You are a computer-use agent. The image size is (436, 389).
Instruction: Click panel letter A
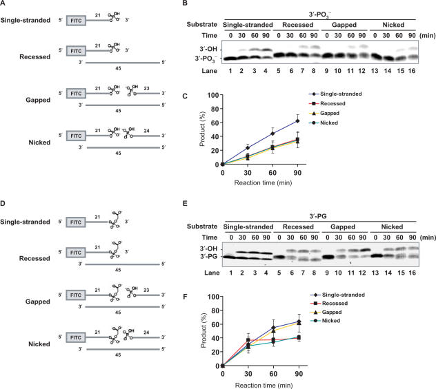tap(5, 6)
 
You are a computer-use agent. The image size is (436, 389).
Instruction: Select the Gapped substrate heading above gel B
tap(344, 22)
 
